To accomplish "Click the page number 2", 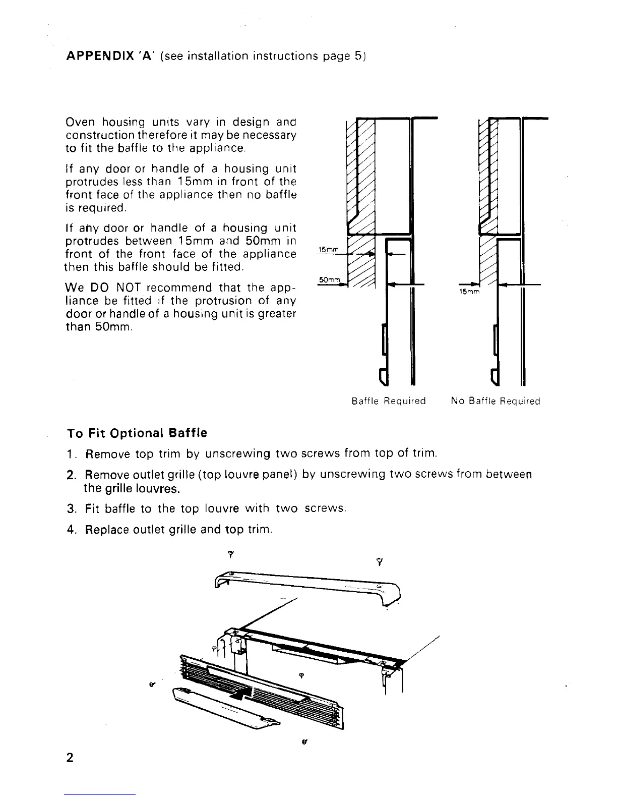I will coord(70,758).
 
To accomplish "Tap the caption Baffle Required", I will coord(388,402).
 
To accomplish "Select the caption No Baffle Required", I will coord(496,402).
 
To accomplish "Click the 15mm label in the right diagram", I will coord(472,292).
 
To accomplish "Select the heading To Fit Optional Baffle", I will coord(137,433).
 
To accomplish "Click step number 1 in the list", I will coord(71,453).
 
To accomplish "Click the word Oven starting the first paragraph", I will coord(81,123).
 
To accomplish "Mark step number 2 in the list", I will coord(71,475).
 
